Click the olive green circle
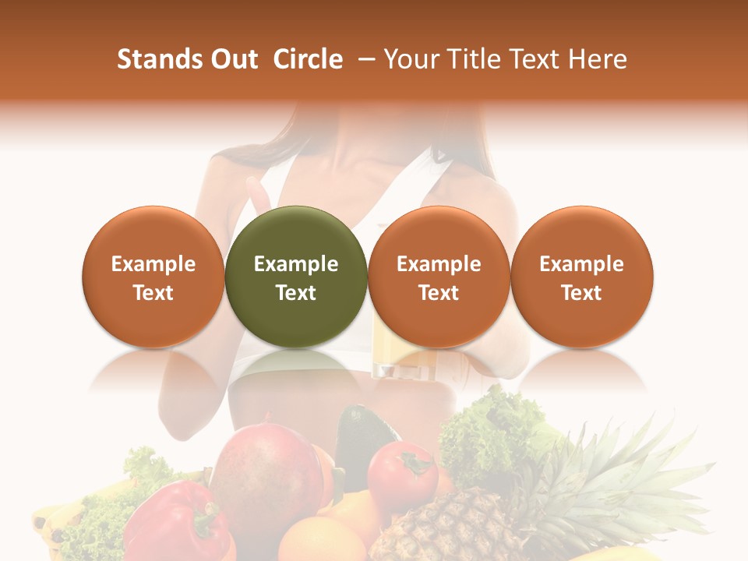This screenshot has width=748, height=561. click(x=296, y=277)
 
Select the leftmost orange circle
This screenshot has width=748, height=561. click(x=153, y=277)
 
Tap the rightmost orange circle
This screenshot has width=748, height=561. click(x=581, y=277)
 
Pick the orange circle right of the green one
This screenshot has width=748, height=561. click(x=439, y=277)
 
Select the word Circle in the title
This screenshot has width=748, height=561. click(x=308, y=59)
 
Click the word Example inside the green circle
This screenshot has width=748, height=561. click(x=296, y=264)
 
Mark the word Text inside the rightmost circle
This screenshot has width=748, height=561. click(x=581, y=293)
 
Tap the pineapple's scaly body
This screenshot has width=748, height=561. click(x=452, y=526)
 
